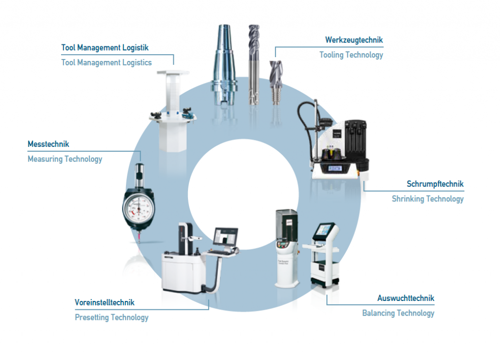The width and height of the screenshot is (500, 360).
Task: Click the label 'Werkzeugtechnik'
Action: point(354,40)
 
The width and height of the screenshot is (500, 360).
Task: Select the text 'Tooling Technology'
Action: point(351,55)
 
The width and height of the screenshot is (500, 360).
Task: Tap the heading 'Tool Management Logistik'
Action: point(105,48)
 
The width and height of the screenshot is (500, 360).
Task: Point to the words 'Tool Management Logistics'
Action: point(106,62)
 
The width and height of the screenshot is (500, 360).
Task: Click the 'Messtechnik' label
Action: point(48,144)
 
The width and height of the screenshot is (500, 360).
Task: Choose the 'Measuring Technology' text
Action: point(65,159)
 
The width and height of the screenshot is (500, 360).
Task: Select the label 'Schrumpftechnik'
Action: point(435,184)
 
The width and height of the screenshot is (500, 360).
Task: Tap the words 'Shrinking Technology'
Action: point(428,199)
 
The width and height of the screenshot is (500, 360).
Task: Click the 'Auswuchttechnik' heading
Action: point(406,298)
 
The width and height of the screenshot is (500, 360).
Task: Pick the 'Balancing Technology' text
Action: point(398,313)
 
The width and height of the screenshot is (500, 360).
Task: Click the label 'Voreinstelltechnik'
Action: point(104,302)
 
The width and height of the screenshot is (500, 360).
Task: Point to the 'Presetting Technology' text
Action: point(111,318)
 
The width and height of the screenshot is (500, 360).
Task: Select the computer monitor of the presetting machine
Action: point(226,238)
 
